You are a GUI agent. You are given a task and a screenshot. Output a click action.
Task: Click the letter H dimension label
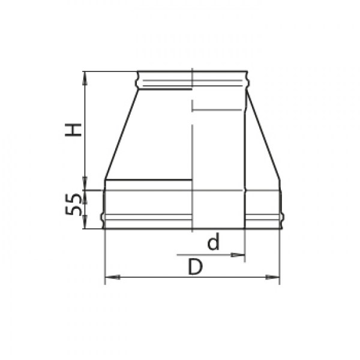pos(73,130)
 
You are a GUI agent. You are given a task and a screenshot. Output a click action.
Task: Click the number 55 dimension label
pos(73,205)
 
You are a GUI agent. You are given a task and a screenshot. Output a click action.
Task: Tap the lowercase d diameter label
pos(214,242)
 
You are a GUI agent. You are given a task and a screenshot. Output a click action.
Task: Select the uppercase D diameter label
pos(195,266)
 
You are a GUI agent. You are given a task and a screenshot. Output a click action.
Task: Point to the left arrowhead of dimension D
pos(112,277)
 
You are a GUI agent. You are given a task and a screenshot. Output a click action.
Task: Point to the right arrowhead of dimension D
pos(272,277)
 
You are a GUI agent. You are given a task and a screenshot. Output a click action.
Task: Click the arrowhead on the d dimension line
pos(238,254)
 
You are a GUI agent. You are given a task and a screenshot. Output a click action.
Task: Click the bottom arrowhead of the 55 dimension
pos(85,222)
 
